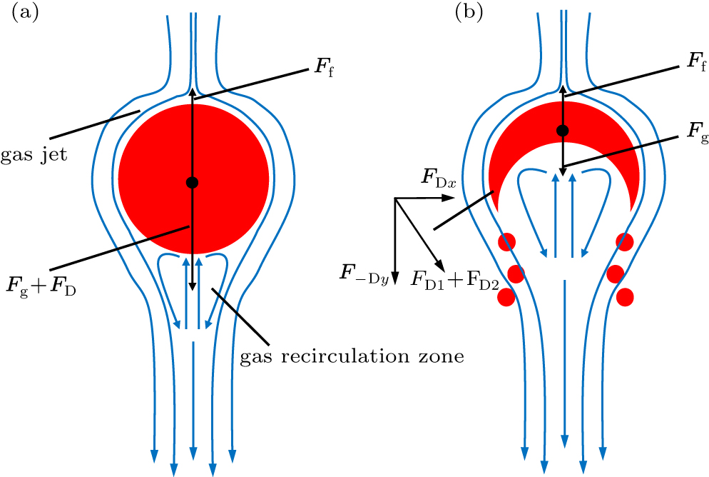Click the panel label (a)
point(26,14)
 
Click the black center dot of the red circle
point(191,182)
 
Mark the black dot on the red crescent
point(563,130)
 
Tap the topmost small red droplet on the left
point(507,241)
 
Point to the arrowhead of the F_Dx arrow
point(463,199)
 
